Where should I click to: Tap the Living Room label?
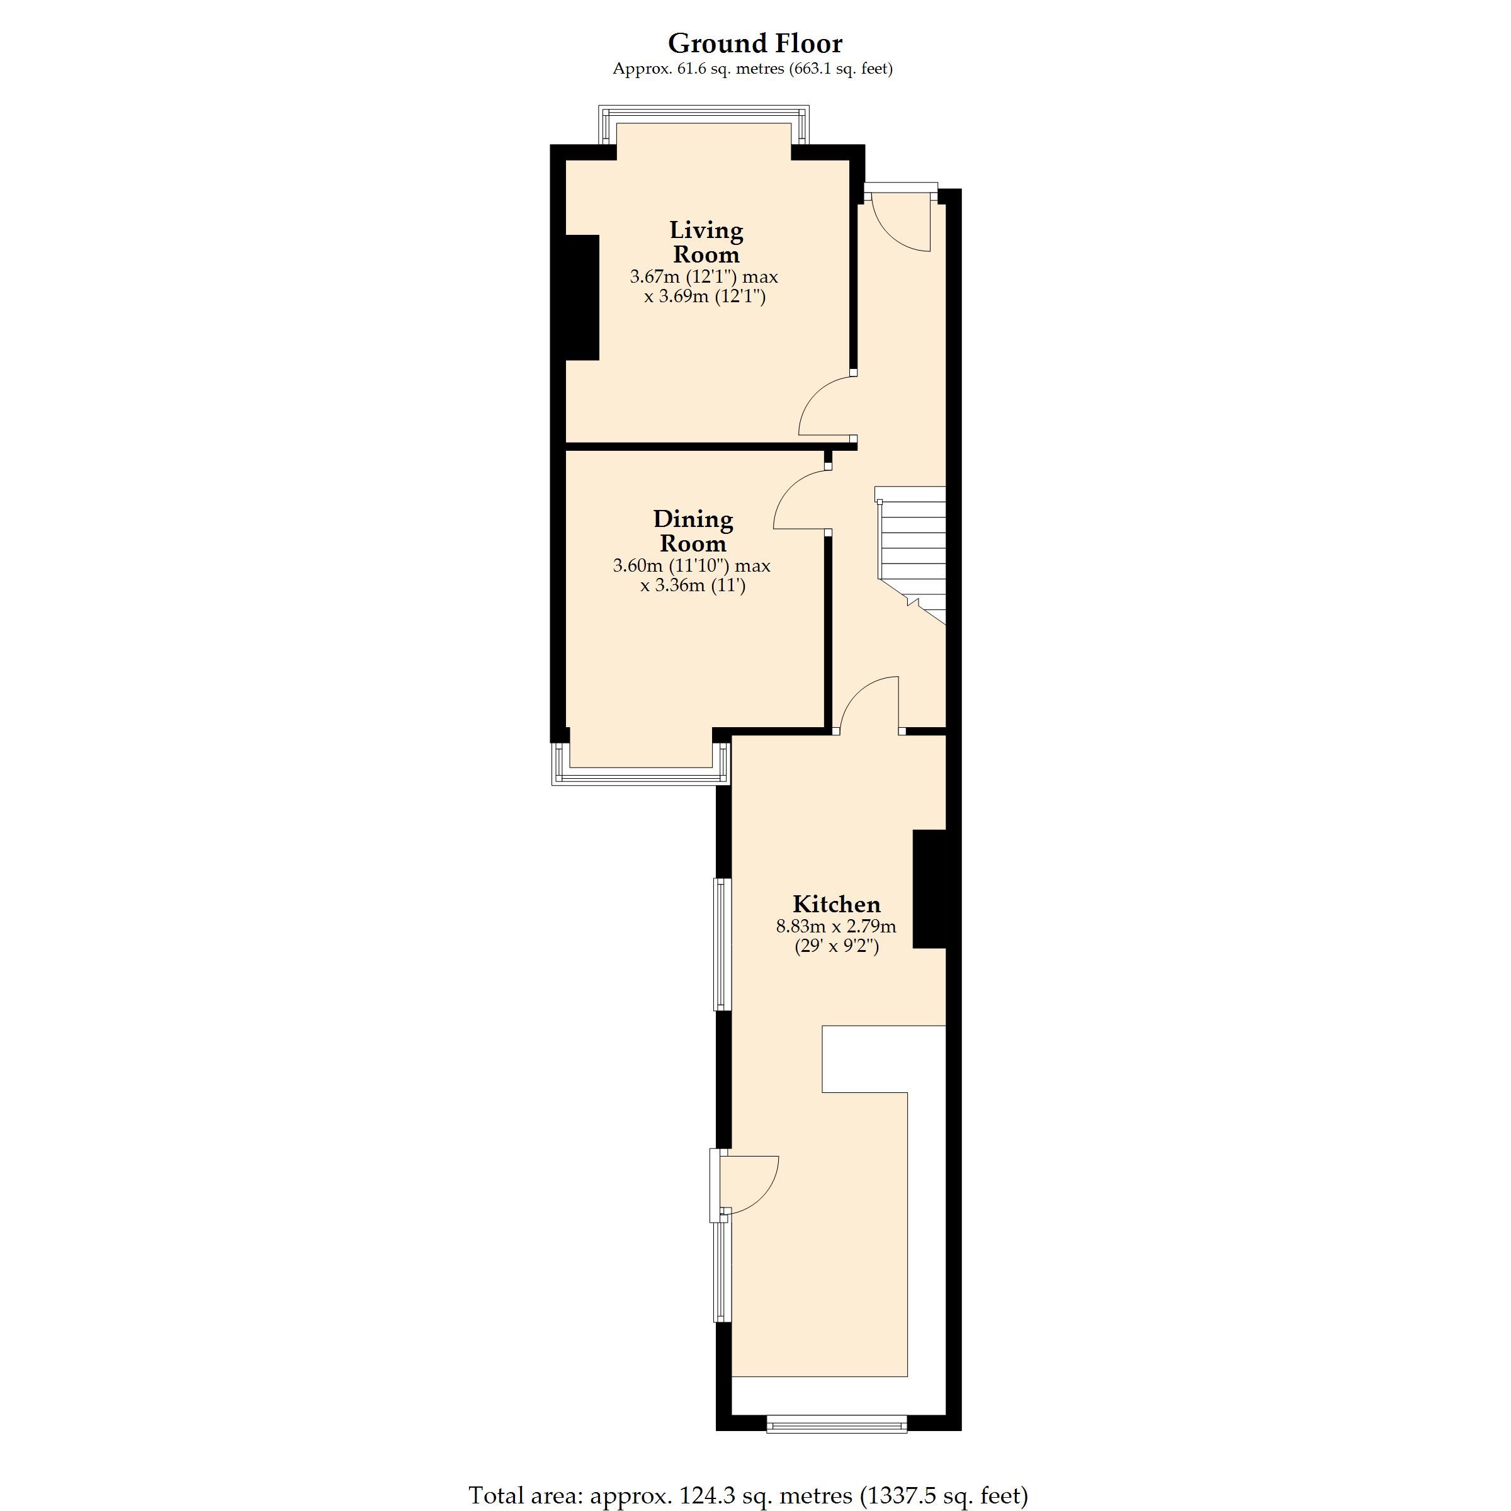tap(706, 242)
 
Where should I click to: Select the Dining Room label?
tap(693, 531)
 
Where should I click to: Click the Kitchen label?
tap(836, 904)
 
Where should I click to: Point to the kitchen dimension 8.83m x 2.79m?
tap(836, 927)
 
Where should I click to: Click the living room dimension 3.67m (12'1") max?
tap(704, 277)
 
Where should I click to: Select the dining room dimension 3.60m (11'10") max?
tap(691, 565)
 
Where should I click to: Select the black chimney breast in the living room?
tap(582, 297)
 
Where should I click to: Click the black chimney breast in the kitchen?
tap(930, 889)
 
